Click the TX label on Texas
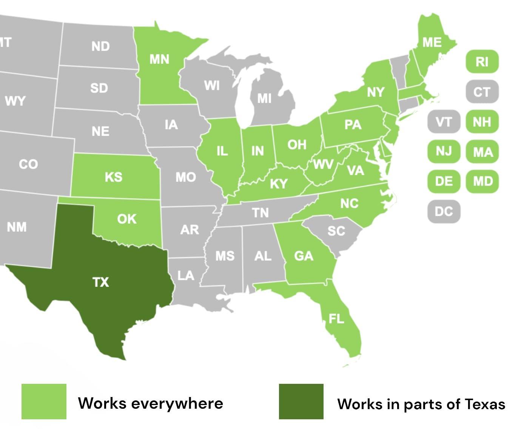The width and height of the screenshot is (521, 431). click(100, 282)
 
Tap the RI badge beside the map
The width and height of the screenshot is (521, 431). click(482, 62)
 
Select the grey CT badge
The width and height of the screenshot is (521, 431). click(482, 92)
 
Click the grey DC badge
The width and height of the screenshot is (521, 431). click(444, 211)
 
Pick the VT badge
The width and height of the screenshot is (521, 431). click(444, 122)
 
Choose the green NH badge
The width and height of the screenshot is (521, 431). click(482, 122)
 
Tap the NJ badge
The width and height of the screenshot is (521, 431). click(444, 151)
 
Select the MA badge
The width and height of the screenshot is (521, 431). click(483, 152)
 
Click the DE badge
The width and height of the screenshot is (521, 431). click(444, 182)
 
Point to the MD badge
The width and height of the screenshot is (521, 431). click(483, 182)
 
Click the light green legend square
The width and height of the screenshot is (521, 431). click(44, 401)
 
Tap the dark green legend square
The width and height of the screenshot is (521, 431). click(301, 401)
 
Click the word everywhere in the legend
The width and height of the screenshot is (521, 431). click(177, 403)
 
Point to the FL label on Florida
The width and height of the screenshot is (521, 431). click(336, 319)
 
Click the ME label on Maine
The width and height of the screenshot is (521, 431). click(432, 42)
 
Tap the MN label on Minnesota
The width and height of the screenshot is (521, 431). click(159, 59)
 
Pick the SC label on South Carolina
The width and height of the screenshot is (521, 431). click(336, 231)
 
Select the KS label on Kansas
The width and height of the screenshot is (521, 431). click(113, 177)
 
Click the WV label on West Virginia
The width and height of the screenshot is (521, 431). click(323, 165)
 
